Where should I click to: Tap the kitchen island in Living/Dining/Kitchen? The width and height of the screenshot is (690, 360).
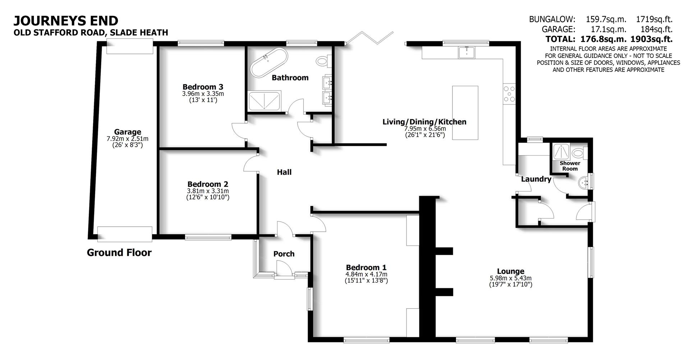point(465,112)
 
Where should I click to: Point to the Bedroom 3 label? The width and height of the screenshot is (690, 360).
point(203,87)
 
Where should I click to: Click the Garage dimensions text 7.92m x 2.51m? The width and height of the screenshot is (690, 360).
point(127,139)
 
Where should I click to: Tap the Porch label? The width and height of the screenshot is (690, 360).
point(284,254)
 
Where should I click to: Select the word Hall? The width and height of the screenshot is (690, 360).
point(284,172)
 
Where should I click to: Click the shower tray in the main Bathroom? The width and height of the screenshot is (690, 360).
point(264,101)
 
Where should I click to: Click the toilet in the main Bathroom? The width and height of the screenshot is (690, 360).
point(322,61)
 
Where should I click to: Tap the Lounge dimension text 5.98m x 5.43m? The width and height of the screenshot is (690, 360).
point(510,278)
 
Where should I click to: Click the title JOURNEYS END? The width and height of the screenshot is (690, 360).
point(66,20)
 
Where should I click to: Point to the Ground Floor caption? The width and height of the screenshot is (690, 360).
point(119,253)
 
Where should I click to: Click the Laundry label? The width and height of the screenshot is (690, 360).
point(536,179)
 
